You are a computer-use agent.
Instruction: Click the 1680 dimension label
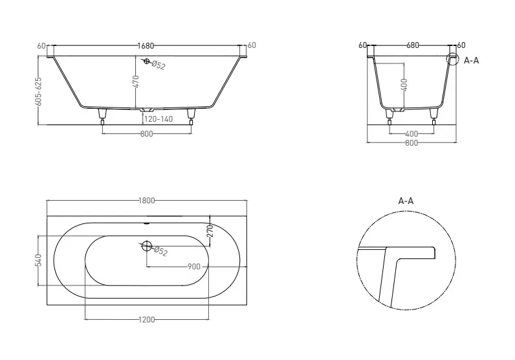pyautogui.click(x=146, y=46)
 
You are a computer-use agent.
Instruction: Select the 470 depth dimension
pyautogui.click(x=137, y=82)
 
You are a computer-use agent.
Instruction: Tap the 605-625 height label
pyautogui.click(x=39, y=91)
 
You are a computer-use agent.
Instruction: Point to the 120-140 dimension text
pyautogui.click(x=159, y=119)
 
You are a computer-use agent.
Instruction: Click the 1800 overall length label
pyautogui.click(x=146, y=201)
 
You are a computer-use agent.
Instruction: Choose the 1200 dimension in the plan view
pyautogui.click(x=146, y=320)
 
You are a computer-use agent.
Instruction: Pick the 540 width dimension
pyautogui.click(x=39, y=260)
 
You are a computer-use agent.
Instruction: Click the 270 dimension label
pyautogui.click(x=210, y=231)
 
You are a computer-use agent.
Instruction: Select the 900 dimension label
pyautogui.click(x=194, y=267)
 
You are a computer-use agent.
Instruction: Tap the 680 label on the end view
pyautogui.click(x=413, y=45)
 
